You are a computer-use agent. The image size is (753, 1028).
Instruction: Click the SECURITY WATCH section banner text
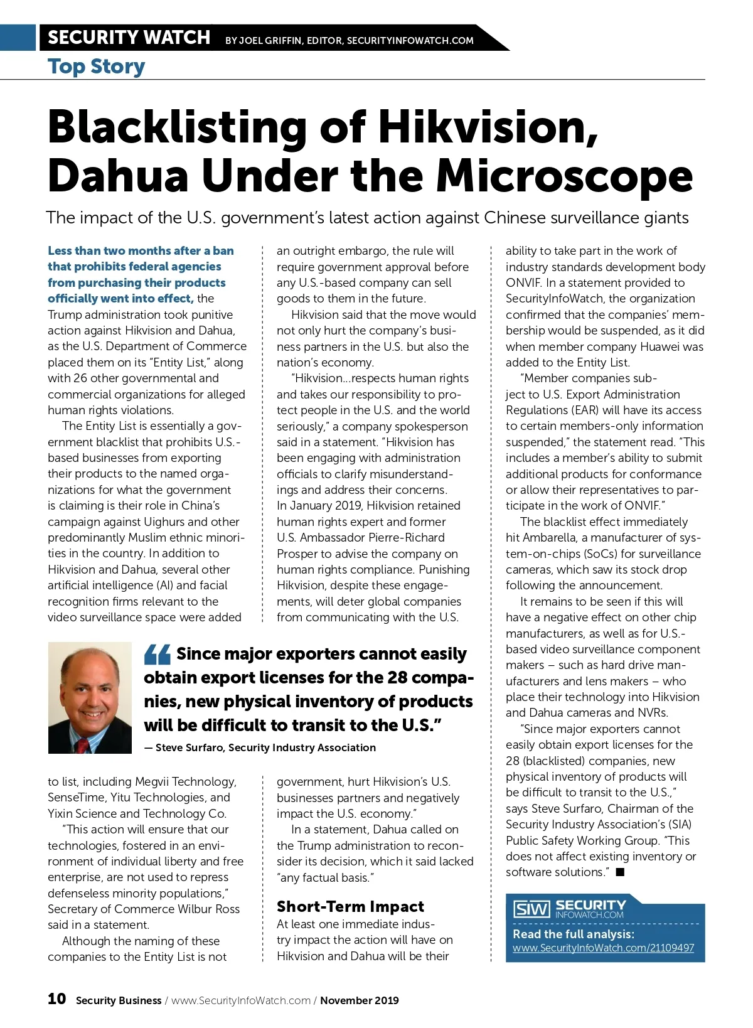(129, 38)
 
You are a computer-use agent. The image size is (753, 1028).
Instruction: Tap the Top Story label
(96, 67)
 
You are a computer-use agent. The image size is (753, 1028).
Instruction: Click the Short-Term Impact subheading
(350, 906)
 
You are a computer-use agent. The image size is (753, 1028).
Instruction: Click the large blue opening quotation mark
(157, 655)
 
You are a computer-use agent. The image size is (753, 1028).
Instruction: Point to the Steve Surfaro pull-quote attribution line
(260, 747)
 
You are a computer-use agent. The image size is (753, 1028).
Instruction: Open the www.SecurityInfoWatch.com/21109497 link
(603, 948)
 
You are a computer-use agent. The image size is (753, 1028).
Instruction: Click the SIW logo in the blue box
(531, 909)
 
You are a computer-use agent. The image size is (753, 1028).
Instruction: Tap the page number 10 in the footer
(56, 999)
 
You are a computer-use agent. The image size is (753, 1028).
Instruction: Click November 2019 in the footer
(359, 1000)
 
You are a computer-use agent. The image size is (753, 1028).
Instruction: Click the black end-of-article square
(620, 872)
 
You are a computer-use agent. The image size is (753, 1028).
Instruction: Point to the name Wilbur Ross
(207, 909)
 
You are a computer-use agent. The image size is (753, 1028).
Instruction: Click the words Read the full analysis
(573, 933)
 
